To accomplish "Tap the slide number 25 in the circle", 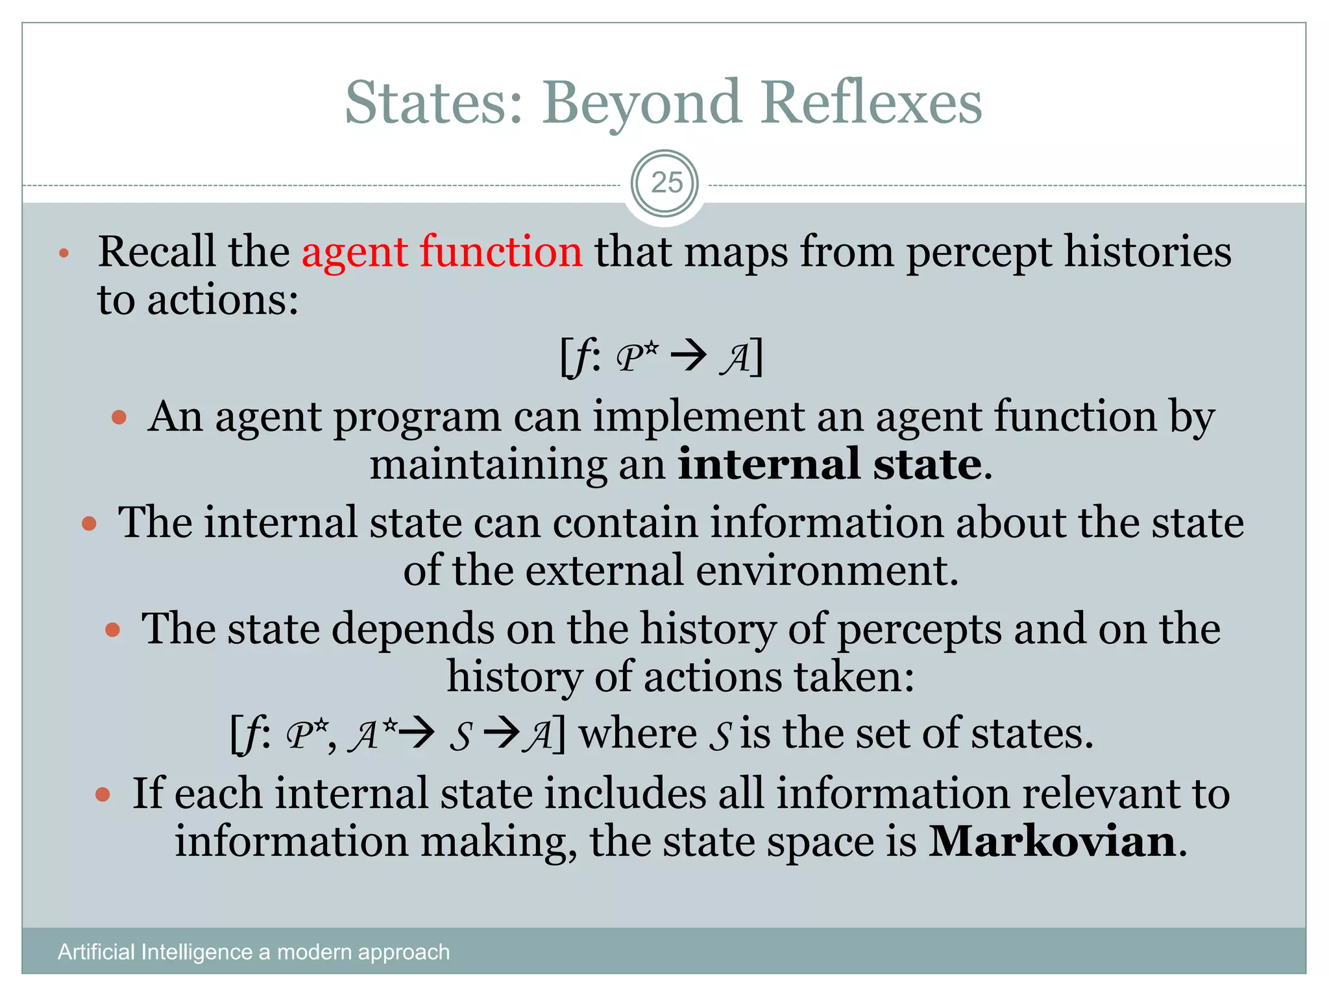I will [666, 184].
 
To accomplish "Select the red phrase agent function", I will [442, 252].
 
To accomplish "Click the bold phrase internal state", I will [830, 465].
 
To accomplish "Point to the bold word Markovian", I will [1052, 842].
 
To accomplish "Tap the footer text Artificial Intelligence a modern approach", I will [254, 952].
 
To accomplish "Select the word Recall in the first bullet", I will [156, 252].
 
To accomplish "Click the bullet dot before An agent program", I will [119, 416].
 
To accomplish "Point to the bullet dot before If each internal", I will [103, 794].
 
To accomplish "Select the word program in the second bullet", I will [416, 418].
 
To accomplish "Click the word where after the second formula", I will [637, 734].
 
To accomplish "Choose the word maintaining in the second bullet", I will [487, 465].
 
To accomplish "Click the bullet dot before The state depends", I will [113, 629].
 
